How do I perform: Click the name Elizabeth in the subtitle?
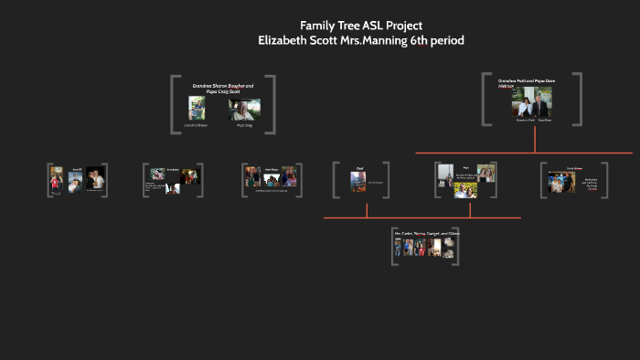[x=286, y=41]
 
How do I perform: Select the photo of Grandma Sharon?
[x=197, y=109]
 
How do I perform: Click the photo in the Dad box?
[x=358, y=182]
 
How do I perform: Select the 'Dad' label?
[x=360, y=168]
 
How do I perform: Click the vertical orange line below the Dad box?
[x=367, y=209]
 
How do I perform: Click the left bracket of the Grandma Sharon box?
[x=174, y=106]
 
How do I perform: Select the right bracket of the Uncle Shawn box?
[x=595, y=180]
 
